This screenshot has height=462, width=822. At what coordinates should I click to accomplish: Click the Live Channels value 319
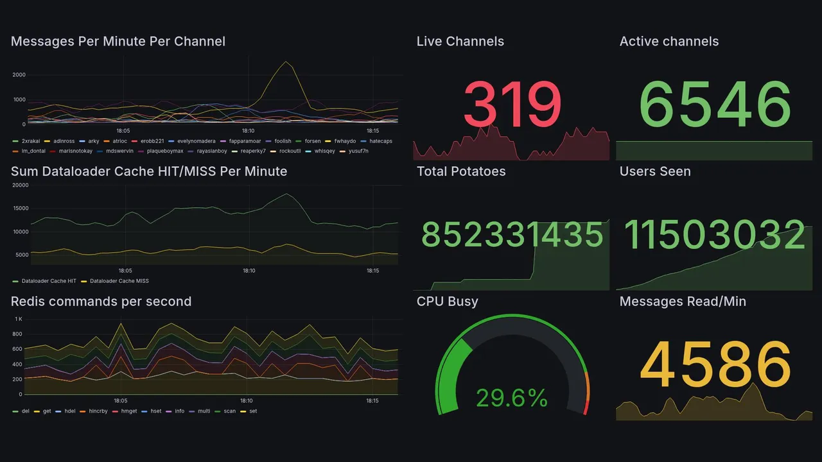[512, 105]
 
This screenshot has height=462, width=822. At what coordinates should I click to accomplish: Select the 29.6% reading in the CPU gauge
[512, 398]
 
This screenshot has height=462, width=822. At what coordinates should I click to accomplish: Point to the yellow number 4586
[715, 364]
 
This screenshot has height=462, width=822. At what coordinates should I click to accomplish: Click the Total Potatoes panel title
[461, 171]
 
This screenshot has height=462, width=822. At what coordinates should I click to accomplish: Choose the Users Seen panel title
[655, 171]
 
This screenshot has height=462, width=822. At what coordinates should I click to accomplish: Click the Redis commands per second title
[101, 302]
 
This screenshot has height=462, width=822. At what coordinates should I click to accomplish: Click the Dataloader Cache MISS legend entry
[119, 281]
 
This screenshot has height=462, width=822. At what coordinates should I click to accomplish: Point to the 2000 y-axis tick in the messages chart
[19, 75]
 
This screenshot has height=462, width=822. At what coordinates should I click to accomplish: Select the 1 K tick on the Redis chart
[18, 319]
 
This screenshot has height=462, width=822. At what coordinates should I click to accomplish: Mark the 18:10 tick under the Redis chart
[248, 400]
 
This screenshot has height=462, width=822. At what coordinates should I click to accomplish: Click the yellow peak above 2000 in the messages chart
[286, 62]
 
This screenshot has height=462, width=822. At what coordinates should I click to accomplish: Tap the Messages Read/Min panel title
[683, 302]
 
